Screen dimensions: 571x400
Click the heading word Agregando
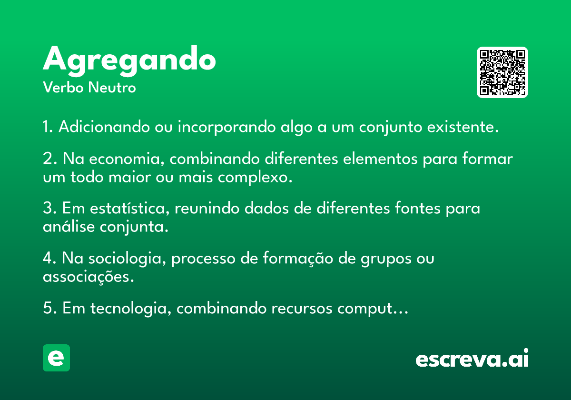click(x=129, y=61)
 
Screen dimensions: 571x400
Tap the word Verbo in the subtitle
click(x=63, y=88)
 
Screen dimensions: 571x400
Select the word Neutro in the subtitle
click(x=112, y=88)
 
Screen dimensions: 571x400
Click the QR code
click(x=502, y=72)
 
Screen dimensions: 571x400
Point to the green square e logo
click(x=56, y=358)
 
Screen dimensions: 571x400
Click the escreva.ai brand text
click(x=472, y=358)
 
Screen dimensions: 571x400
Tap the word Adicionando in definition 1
click(x=104, y=127)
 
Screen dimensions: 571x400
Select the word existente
click(x=463, y=127)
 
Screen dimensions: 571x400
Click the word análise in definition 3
click(x=69, y=227)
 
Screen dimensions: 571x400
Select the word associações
click(x=88, y=277)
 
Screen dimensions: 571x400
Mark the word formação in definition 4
click(x=298, y=258)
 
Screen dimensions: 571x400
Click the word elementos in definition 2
click(x=380, y=159)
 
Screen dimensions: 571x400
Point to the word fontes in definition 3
click(x=418, y=208)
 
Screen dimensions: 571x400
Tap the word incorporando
click(x=226, y=127)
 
